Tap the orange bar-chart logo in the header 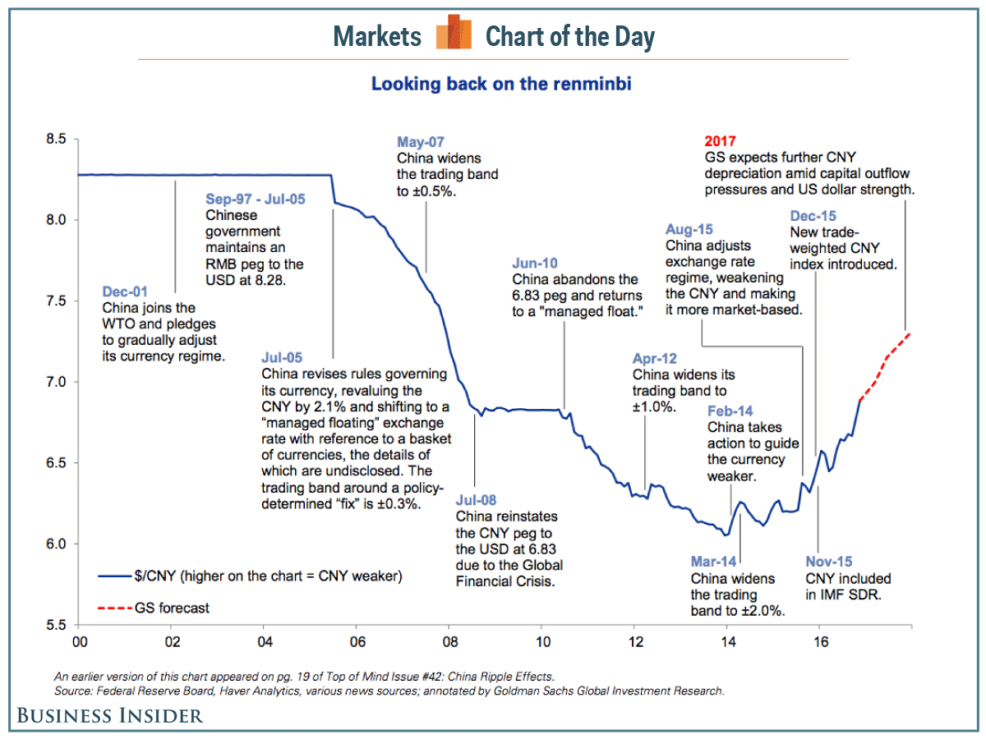tap(454, 34)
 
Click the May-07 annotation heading tap(422, 141)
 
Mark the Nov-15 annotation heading tap(829, 562)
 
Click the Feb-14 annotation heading tap(730, 411)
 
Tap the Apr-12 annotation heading tap(656, 358)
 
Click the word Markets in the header tap(377, 36)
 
